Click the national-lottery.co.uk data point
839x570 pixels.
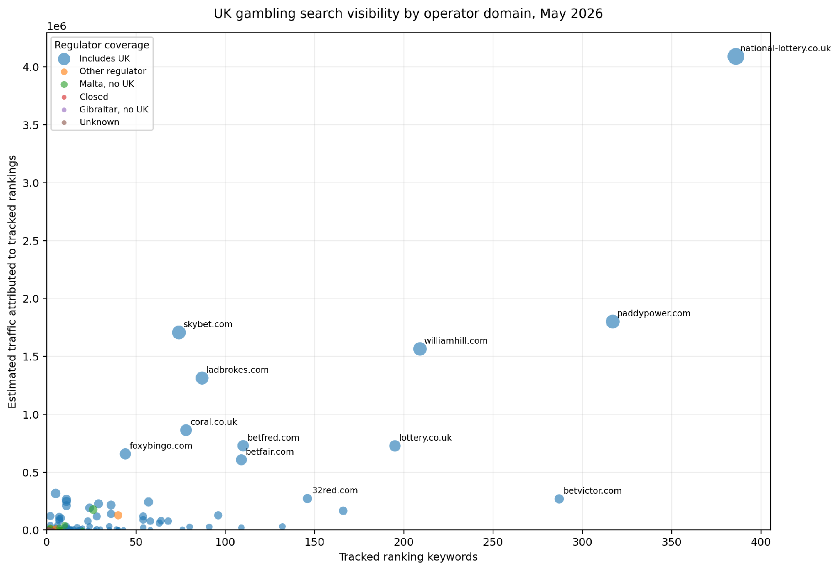(x=736, y=57)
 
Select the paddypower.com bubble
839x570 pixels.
(x=612, y=321)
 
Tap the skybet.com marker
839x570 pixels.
(x=178, y=332)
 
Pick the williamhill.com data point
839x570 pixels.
(x=419, y=349)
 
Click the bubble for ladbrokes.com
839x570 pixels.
(x=202, y=378)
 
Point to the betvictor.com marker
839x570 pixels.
(x=559, y=499)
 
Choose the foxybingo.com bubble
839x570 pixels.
(x=125, y=454)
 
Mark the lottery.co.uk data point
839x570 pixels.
(x=394, y=446)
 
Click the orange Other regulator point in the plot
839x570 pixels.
(x=118, y=515)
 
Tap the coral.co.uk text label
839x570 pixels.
(x=214, y=422)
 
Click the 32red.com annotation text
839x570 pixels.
(x=335, y=490)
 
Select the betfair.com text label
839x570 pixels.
(x=270, y=452)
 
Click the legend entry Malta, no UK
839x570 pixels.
(x=107, y=84)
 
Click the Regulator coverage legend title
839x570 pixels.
(x=102, y=45)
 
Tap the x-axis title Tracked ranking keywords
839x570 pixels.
(x=408, y=557)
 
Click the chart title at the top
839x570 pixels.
(x=408, y=14)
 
